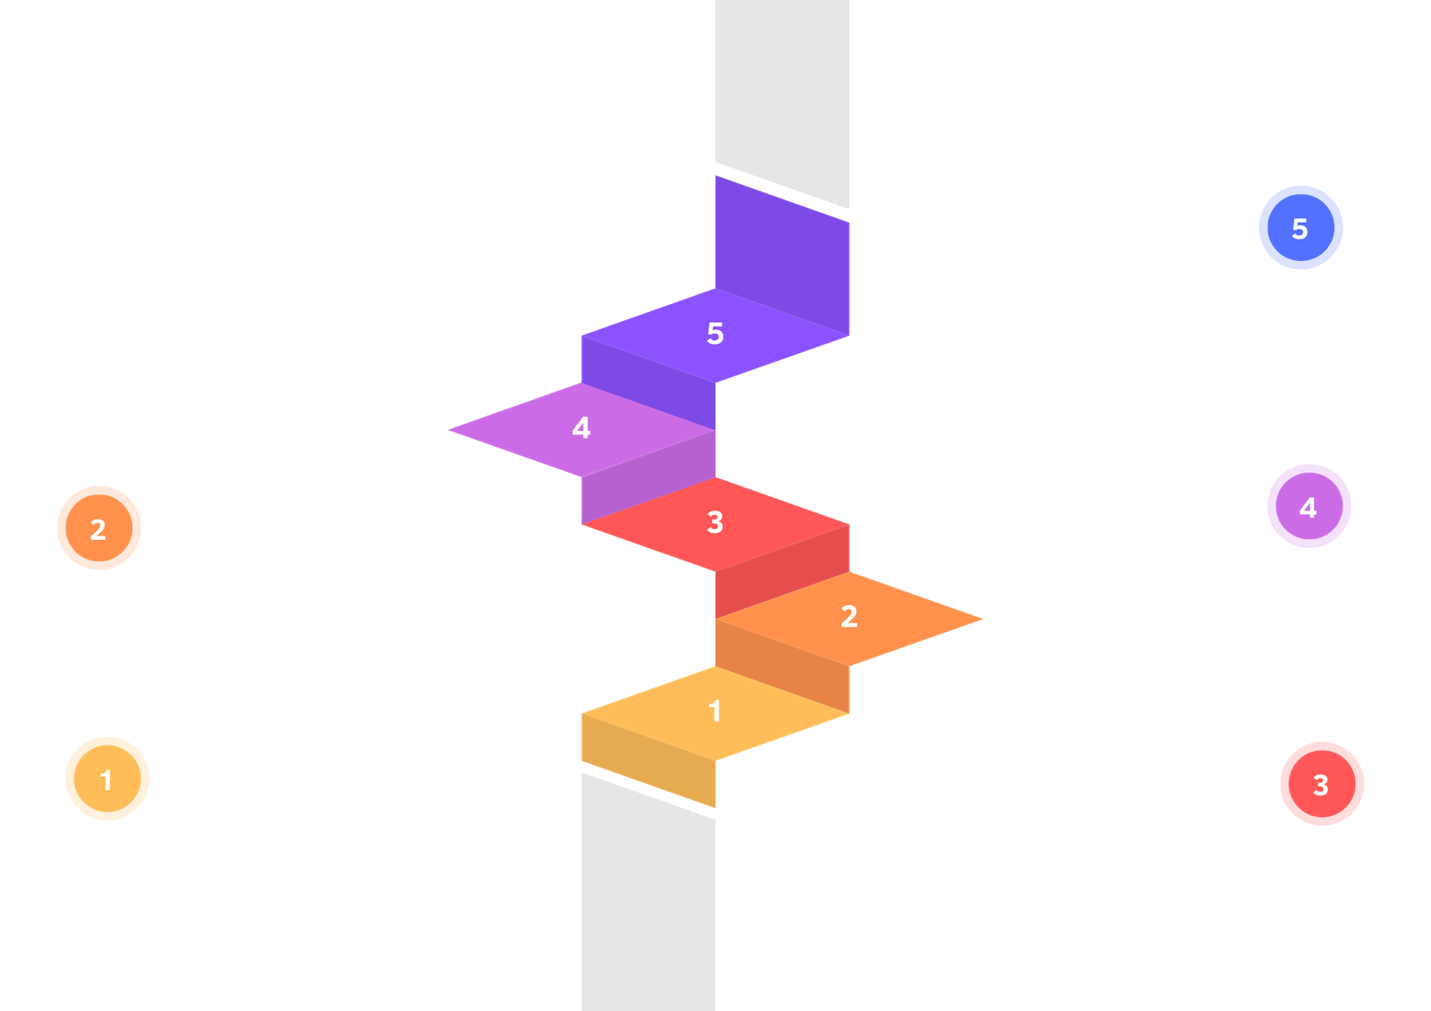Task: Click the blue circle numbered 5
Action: pos(1300,228)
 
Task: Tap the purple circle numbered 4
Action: pos(1308,507)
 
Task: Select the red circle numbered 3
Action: pos(1321,784)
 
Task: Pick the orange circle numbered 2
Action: pos(98,528)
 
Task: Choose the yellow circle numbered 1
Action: pos(106,779)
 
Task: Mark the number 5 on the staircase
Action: pos(715,333)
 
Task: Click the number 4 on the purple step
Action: pos(581,428)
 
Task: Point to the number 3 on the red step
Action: pos(715,522)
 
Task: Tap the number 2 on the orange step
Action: pos(849,616)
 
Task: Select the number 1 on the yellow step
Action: pos(715,711)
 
